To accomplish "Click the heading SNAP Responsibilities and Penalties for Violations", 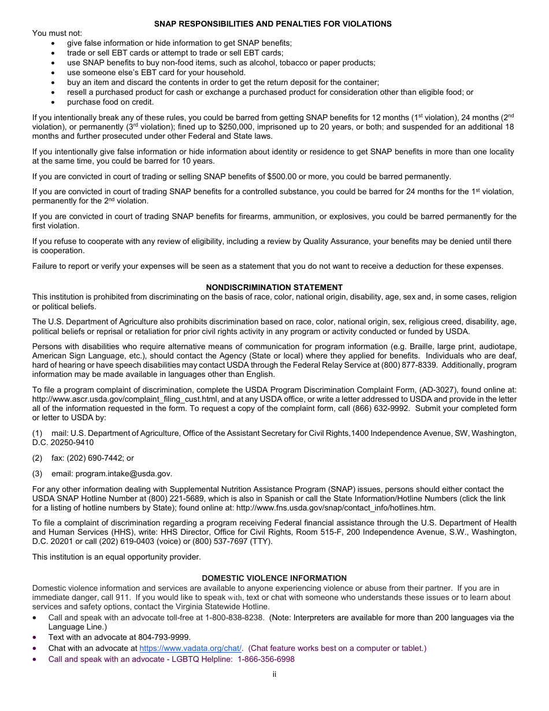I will pos(273,24).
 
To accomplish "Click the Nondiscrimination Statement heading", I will pos(274,287).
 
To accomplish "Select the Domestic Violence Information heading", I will pos(274,578).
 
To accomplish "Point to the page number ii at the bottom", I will pos(274,674).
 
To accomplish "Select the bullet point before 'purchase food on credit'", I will pos(54,102).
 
